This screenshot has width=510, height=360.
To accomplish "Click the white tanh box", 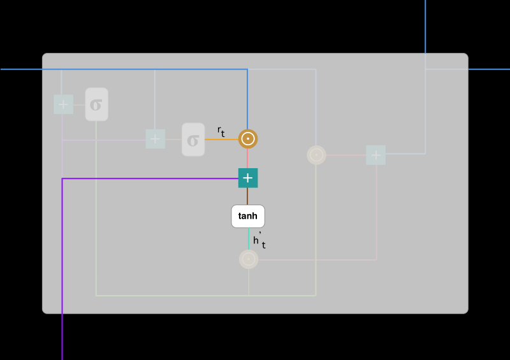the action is pos(247,216).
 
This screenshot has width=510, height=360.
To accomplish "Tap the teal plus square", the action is pos(248,178).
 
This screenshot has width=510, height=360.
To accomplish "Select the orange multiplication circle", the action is pos(248,138).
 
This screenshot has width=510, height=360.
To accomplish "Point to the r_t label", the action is pos(221,131).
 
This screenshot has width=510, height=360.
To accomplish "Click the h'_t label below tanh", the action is pos(258,241).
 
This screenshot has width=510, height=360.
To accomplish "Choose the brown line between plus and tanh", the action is pos(248,196).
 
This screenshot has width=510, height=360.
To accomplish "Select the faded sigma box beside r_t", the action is pos(193,140).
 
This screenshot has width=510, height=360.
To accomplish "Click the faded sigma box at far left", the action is pos(96,104).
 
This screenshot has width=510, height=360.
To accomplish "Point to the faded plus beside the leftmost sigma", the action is pos(63,104).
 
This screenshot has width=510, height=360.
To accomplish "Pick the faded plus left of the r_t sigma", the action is pos(155,139).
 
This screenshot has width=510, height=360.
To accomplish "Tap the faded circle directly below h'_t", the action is pos(248,259).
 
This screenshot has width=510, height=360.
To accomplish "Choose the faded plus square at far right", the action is pos(375,155).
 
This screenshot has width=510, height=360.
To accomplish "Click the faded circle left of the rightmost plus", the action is pos(316,155).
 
